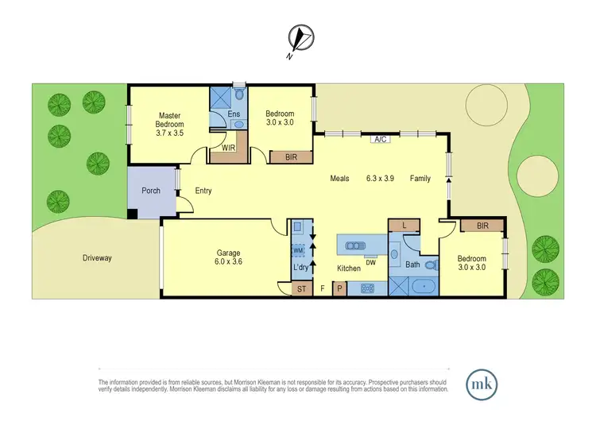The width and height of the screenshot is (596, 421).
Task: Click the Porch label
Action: click(150, 191)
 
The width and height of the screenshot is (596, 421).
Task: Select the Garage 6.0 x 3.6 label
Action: click(228, 257)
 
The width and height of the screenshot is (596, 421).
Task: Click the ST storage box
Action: click(290, 289)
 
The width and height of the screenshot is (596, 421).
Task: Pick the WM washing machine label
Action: click(298, 251)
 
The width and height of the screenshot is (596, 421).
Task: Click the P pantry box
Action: click(340, 289)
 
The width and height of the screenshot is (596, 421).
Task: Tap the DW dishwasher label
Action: click(370, 261)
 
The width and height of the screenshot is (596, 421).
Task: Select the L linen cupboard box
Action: click(404, 226)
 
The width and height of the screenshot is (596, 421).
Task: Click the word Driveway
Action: click(96, 258)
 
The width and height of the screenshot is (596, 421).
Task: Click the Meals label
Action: click(340, 179)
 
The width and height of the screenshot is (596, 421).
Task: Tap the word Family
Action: click(420, 179)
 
